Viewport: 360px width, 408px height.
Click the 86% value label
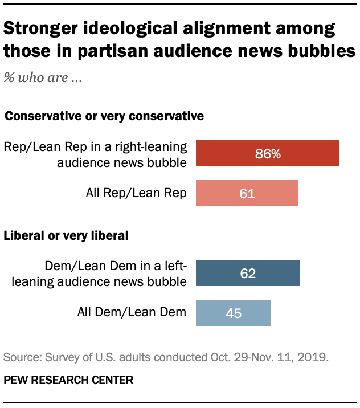click(268, 154)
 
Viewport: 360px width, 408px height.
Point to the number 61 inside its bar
click(247, 193)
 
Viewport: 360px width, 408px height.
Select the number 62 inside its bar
click(248, 273)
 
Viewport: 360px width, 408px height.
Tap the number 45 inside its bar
click(234, 312)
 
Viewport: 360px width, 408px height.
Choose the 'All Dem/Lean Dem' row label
click(132, 312)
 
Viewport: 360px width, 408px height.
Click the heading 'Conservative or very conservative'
click(104, 116)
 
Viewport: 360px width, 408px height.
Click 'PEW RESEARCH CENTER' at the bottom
click(69, 380)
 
